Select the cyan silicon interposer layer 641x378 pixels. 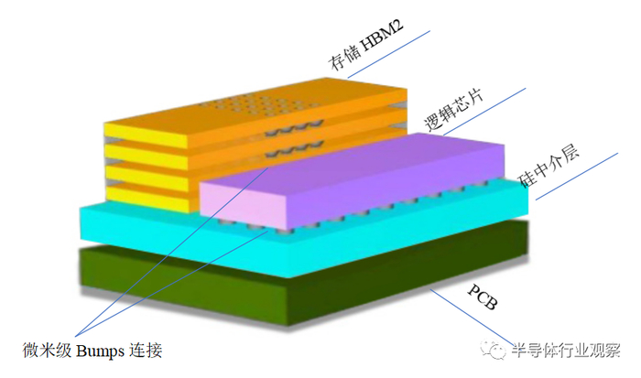pos(137,224)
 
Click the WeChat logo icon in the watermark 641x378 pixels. pos(501,352)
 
